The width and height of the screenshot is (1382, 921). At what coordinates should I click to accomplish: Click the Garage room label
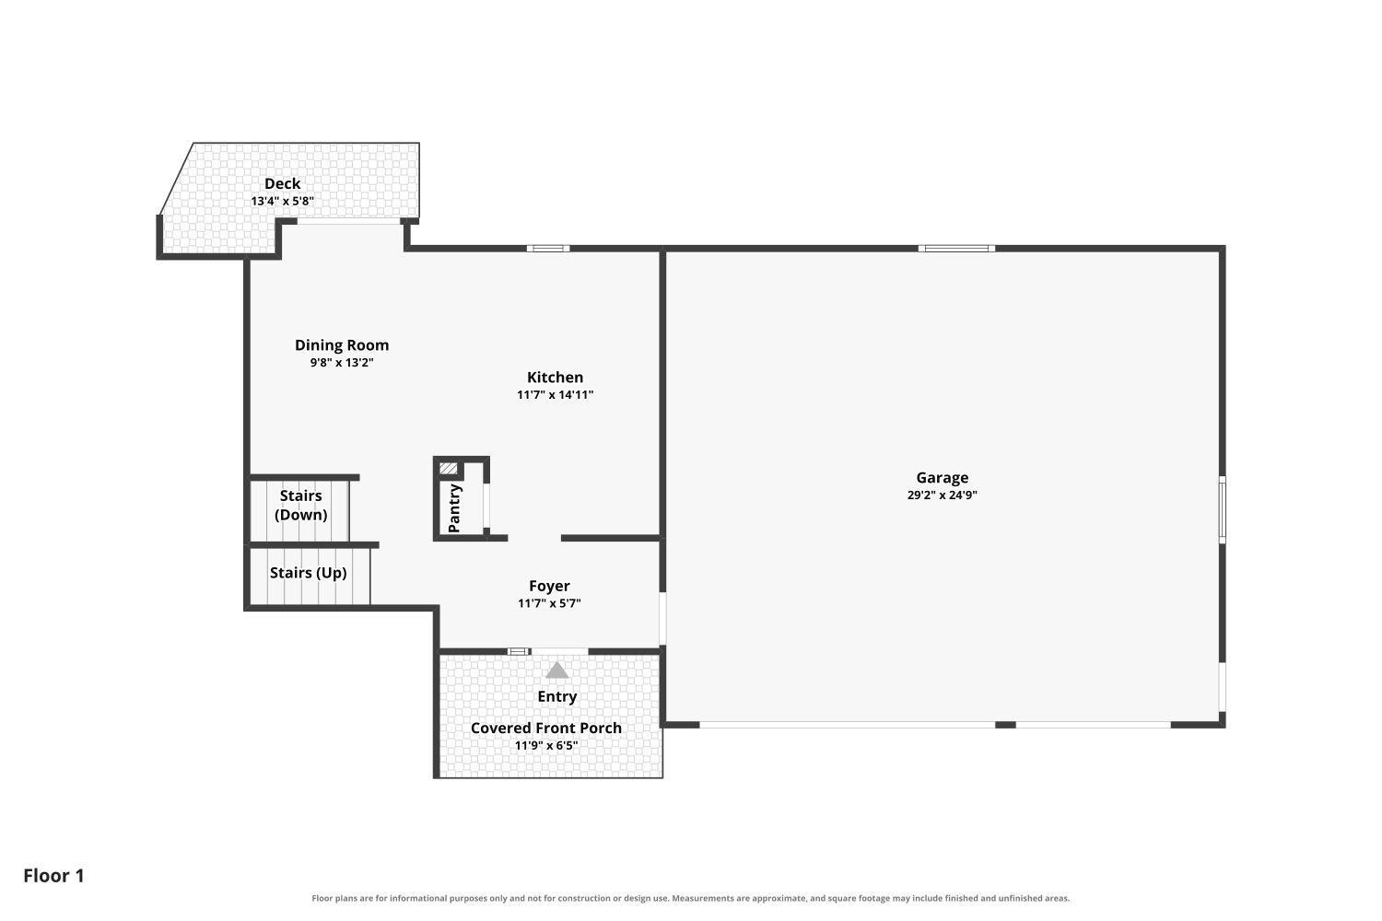(x=943, y=477)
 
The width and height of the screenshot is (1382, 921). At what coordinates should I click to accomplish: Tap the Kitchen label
(x=555, y=377)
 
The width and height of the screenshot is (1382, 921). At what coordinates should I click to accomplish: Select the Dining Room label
(x=342, y=345)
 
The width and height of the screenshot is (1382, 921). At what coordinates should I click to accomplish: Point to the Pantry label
(x=455, y=508)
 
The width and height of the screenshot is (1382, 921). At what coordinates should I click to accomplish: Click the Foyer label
(x=549, y=586)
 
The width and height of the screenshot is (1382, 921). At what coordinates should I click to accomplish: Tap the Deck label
(x=282, y=184)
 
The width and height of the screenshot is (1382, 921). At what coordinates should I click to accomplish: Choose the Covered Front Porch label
(x=546, y=728)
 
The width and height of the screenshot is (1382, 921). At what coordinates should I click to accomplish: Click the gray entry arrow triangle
(x=557, y=670)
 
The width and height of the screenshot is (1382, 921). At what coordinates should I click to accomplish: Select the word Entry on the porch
(x=557, y=696)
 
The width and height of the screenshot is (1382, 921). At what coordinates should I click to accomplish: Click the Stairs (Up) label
(x=308, y=573)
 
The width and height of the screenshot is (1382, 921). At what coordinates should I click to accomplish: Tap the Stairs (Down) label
(x=300, y=506)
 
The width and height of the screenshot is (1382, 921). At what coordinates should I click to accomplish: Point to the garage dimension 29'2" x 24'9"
(x=943, y=495)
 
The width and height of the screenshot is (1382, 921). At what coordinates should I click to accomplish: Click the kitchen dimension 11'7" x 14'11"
(x=555, y=395)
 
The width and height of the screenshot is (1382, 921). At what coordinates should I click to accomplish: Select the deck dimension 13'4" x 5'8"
(x=282, y=201)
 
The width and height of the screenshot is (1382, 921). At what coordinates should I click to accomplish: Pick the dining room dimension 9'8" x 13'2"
(x=342, y=363)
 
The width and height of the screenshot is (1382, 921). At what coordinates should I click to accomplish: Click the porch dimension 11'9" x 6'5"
(x=546, y=745)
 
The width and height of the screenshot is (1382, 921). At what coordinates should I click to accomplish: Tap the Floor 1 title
(x=53, y=876)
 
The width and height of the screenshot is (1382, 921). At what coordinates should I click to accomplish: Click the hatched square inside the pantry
(x=448, y=469)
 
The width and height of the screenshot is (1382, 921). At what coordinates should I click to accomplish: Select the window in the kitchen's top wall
(x=548, y=249)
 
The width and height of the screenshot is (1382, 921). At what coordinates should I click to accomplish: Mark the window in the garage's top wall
(x=956, y=249)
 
